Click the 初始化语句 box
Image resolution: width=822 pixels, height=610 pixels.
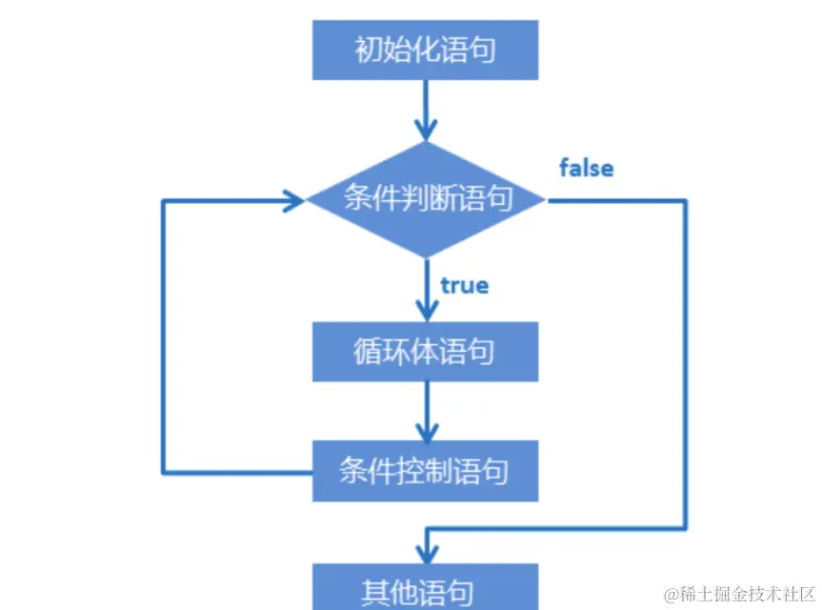[x=426, y=49]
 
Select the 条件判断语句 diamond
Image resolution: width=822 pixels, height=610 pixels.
[x=426, y=199]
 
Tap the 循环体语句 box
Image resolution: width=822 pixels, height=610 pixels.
[x=426, y=352]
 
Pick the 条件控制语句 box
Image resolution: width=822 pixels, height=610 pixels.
[x=426, y=471]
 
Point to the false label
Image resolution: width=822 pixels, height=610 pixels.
[x=586, y=168]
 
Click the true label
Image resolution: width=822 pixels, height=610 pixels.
[x=464, y=285]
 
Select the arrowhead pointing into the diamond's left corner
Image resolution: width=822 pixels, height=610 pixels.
[x=293, y=200]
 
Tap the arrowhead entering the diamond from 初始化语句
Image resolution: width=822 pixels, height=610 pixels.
[x=426, y=130]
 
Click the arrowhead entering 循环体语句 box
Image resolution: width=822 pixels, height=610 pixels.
[x=426, y=311]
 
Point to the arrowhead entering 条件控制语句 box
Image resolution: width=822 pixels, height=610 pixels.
[x=426, y=430]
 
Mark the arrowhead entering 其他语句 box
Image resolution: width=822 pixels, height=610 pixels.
[x=426, y=551]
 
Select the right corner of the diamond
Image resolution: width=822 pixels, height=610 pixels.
[x=544, y=200]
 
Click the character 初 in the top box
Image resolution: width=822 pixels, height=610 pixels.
[x=367, y=50]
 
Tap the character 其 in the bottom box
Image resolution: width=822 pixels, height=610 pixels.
[x=376, y=591]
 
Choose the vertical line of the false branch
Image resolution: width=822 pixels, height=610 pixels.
[x=685, y=362]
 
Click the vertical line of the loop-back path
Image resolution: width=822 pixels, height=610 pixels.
[x=164, y=334]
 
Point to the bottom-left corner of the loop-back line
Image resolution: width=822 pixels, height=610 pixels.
[x=164, y=471]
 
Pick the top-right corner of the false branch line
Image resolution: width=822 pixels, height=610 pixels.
[x=685, y=200]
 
